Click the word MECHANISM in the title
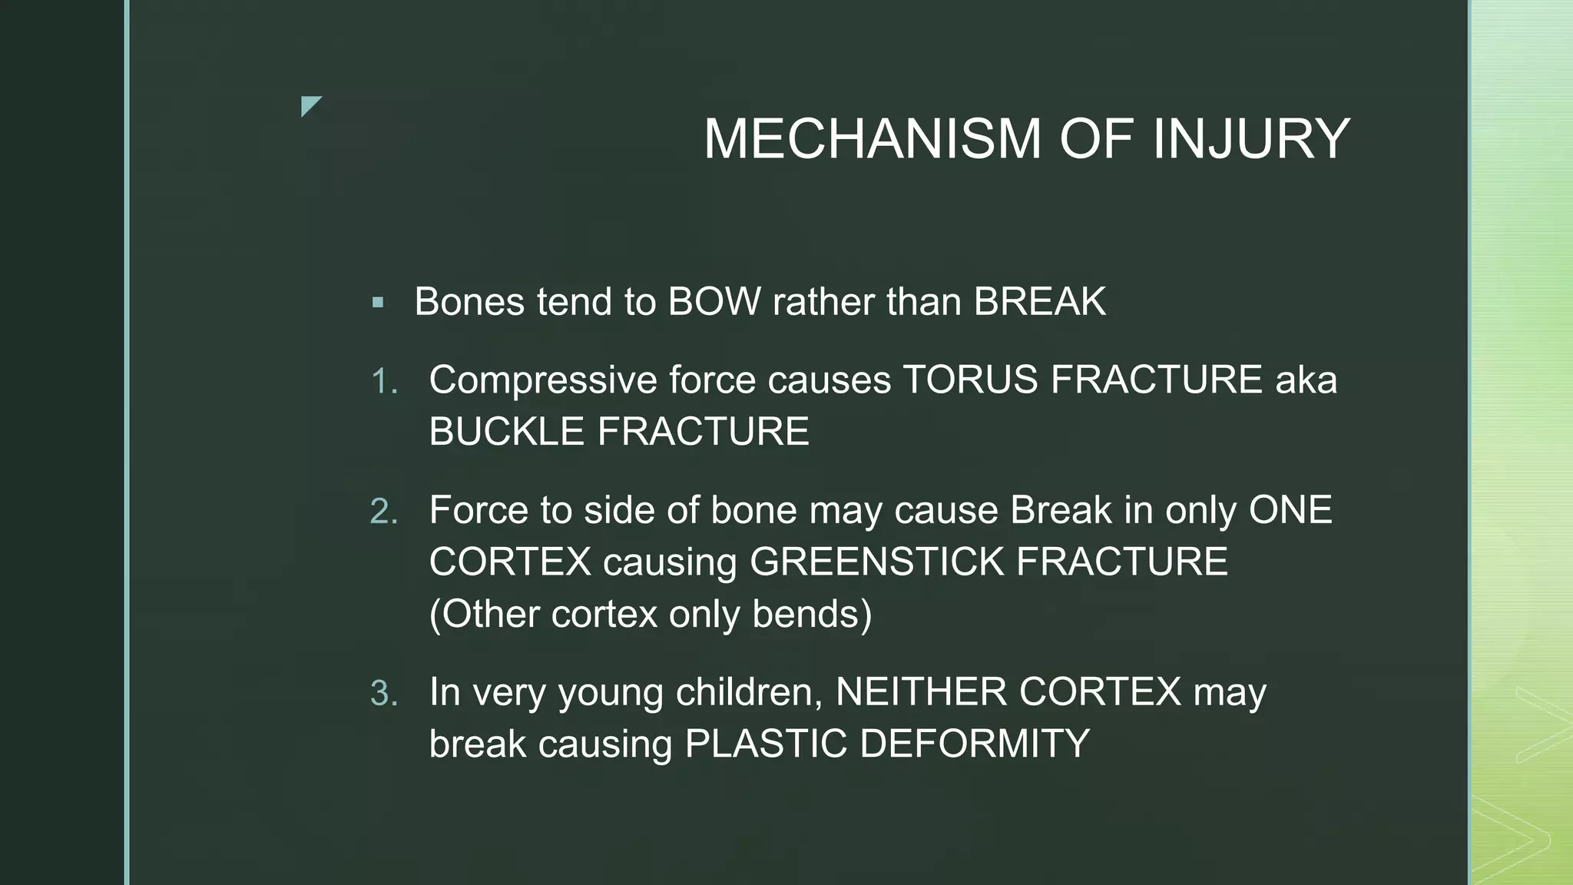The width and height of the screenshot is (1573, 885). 873,139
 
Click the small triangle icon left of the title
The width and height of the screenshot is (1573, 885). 310,106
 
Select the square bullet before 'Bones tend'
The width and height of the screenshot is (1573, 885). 377,303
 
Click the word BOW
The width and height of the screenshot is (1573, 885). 714,301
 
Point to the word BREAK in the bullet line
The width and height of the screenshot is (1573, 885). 1040,301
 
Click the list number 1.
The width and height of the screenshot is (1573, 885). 383,381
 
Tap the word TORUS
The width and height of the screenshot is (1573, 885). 970,380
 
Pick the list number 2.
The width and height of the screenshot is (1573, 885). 383,512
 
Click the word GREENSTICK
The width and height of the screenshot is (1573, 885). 876,562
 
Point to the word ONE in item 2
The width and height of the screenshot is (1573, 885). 1290,510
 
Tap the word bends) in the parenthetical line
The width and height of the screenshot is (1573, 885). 812,614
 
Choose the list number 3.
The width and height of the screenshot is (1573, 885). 383,694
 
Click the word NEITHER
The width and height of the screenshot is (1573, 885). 921,692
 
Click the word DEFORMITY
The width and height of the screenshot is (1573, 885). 975,744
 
